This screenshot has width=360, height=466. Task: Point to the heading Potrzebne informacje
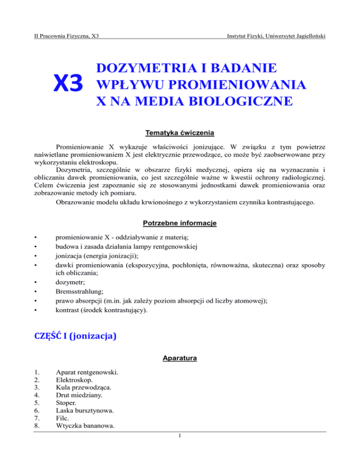tap(180, 223)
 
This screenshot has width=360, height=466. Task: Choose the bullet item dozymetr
tap(68, 283)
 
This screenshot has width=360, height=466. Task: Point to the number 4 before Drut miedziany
tap(37, 400)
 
